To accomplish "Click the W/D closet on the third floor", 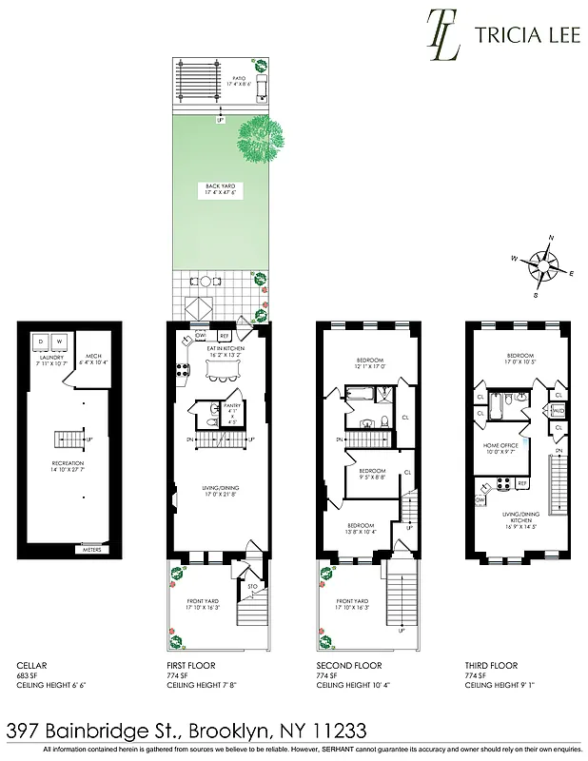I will [x=557, y=411].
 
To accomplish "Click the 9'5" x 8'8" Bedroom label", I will [x=372, y=473].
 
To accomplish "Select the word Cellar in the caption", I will [x=31, y=666].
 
